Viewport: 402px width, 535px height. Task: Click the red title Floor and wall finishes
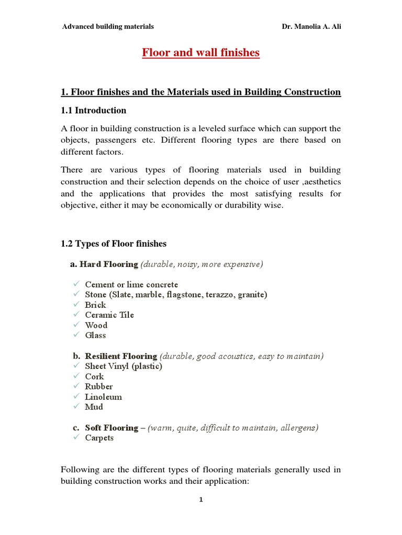click(200, 53)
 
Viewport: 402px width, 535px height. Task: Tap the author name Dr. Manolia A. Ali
click(311, 27)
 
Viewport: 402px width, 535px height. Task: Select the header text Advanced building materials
click(108, 27)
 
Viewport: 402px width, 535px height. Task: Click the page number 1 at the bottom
click(200, 500)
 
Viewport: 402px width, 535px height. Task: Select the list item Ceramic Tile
click(109, 315)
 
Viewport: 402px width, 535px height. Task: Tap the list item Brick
click(95, 305)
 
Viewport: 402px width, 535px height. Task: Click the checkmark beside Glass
click(76, 335)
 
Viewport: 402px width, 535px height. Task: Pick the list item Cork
click(94, 377)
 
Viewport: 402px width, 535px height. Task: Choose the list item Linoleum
click(103, 397)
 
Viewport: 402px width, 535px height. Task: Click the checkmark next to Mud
click(76, 406)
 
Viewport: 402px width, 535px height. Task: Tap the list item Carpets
click(99, 438)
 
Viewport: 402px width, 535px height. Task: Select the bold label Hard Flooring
click(109, 264)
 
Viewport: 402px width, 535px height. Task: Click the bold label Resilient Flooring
click(121, 356)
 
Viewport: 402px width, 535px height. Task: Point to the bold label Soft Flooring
click(111, 428)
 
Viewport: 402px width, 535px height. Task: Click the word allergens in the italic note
click(298, 428)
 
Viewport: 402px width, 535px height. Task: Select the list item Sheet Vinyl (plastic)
click(124, 366)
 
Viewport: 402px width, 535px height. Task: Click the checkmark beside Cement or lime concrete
click(76, 284)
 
